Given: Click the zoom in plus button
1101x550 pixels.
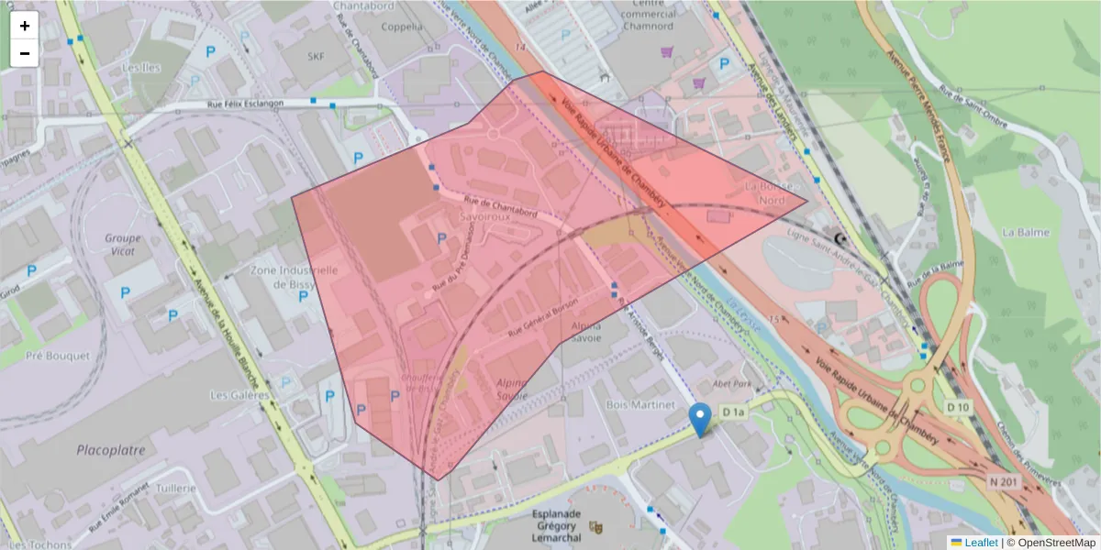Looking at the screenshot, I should click(x=25, y=26).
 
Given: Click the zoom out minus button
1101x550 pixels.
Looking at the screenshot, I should click(x=25, y=53).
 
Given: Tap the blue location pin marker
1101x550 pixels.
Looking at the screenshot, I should click(x=701, y=420).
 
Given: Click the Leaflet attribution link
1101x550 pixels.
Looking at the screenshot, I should click(x=981, y=542).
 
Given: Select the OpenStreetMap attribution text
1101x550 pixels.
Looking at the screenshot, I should click(x=1056, y=542).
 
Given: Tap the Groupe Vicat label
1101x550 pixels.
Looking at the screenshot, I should click(x=122, y=244).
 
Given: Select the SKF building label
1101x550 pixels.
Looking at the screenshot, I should click(x=317, y=57).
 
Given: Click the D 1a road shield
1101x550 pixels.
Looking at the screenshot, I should click(x=733, y=413).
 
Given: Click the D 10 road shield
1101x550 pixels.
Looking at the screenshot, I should click(x=958, y=406).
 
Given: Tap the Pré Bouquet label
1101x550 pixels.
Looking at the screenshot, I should click(x=58, y=355).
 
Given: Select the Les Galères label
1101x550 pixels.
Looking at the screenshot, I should click(x=239, y=395).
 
